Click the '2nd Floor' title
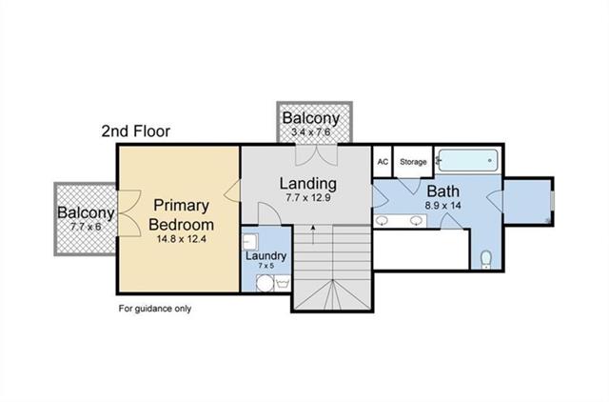coord(135,131)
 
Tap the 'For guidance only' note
coord(155,309)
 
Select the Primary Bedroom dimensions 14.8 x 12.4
coord(182,239)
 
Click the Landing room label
coord(308,184)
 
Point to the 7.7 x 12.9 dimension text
coord(308,198)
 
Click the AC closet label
coord(383,161)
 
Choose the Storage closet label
coord(413,162)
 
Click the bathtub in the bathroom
coord(467,160)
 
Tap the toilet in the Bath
coord(486,260)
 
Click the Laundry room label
coord(266,256)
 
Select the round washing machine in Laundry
coord(265,283)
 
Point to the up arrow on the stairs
coord(313,235)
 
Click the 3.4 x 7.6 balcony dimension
coord(311,131)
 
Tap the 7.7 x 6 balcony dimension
coord(86,227)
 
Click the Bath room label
coord(443,191)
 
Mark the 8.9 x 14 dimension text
coord(443,205)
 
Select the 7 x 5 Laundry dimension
coord(266,266)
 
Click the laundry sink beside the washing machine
coord(283,283)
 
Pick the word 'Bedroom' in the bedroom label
coord(182,225)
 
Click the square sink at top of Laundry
coord(249,241)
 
